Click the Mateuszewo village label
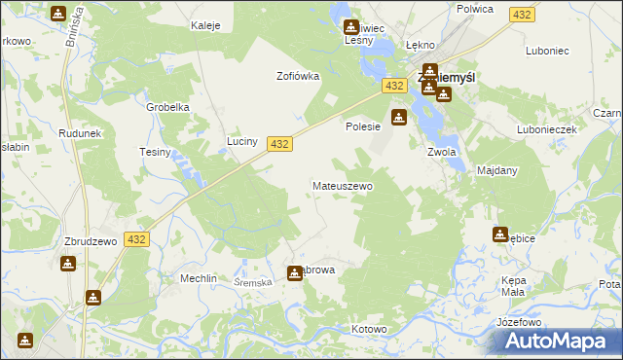pos(342,185)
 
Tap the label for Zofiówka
pos(298,76)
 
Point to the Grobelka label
pos(166,108)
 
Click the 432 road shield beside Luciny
pos(278,143)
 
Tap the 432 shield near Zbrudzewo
pos(136,239)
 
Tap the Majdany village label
pos(496,170)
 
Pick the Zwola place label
pos(442,152)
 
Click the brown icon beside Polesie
pos(399,119)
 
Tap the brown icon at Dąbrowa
pos(294,273)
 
